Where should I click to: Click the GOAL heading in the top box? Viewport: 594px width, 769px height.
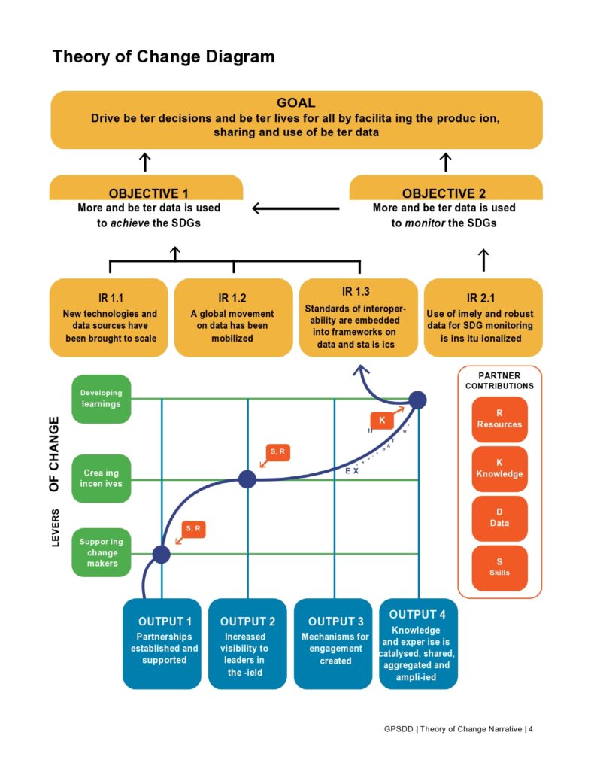pos(295,103)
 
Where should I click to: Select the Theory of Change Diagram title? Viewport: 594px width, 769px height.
pos(163,56)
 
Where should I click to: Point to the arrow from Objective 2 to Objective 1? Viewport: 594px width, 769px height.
pos(295,208)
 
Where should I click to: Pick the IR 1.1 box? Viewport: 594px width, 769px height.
pos(109,317)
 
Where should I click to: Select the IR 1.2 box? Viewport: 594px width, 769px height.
pos(233,317)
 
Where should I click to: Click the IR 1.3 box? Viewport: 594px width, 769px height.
pos(358,317)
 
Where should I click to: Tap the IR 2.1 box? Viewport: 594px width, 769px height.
pos(483,317)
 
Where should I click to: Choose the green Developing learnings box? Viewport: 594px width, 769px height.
pos(101,398)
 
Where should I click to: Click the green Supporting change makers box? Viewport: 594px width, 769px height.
pos(101,553)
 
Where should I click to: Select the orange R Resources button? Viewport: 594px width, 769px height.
pos(499,419)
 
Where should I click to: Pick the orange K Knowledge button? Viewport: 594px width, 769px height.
pos(499,469)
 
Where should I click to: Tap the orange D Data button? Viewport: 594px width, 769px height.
pos(499,518)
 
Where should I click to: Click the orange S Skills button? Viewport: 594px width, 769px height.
pos(499,567)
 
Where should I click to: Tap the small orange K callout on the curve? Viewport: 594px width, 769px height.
pos(382,420)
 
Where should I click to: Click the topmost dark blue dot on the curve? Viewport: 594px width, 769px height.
pos(417,400)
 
